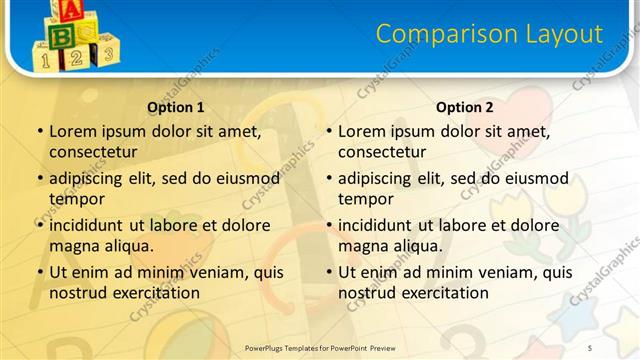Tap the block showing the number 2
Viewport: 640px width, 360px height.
[x=75, y=58]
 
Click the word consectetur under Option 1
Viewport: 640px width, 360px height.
[x=93, y=152]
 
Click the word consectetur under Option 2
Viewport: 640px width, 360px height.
[x=382, y=152]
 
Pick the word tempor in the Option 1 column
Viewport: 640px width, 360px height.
[x=77, y=198]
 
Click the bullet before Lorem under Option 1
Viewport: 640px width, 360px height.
[x=39, y=131]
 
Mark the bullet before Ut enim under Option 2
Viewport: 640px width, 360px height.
[x=328, y=272]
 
